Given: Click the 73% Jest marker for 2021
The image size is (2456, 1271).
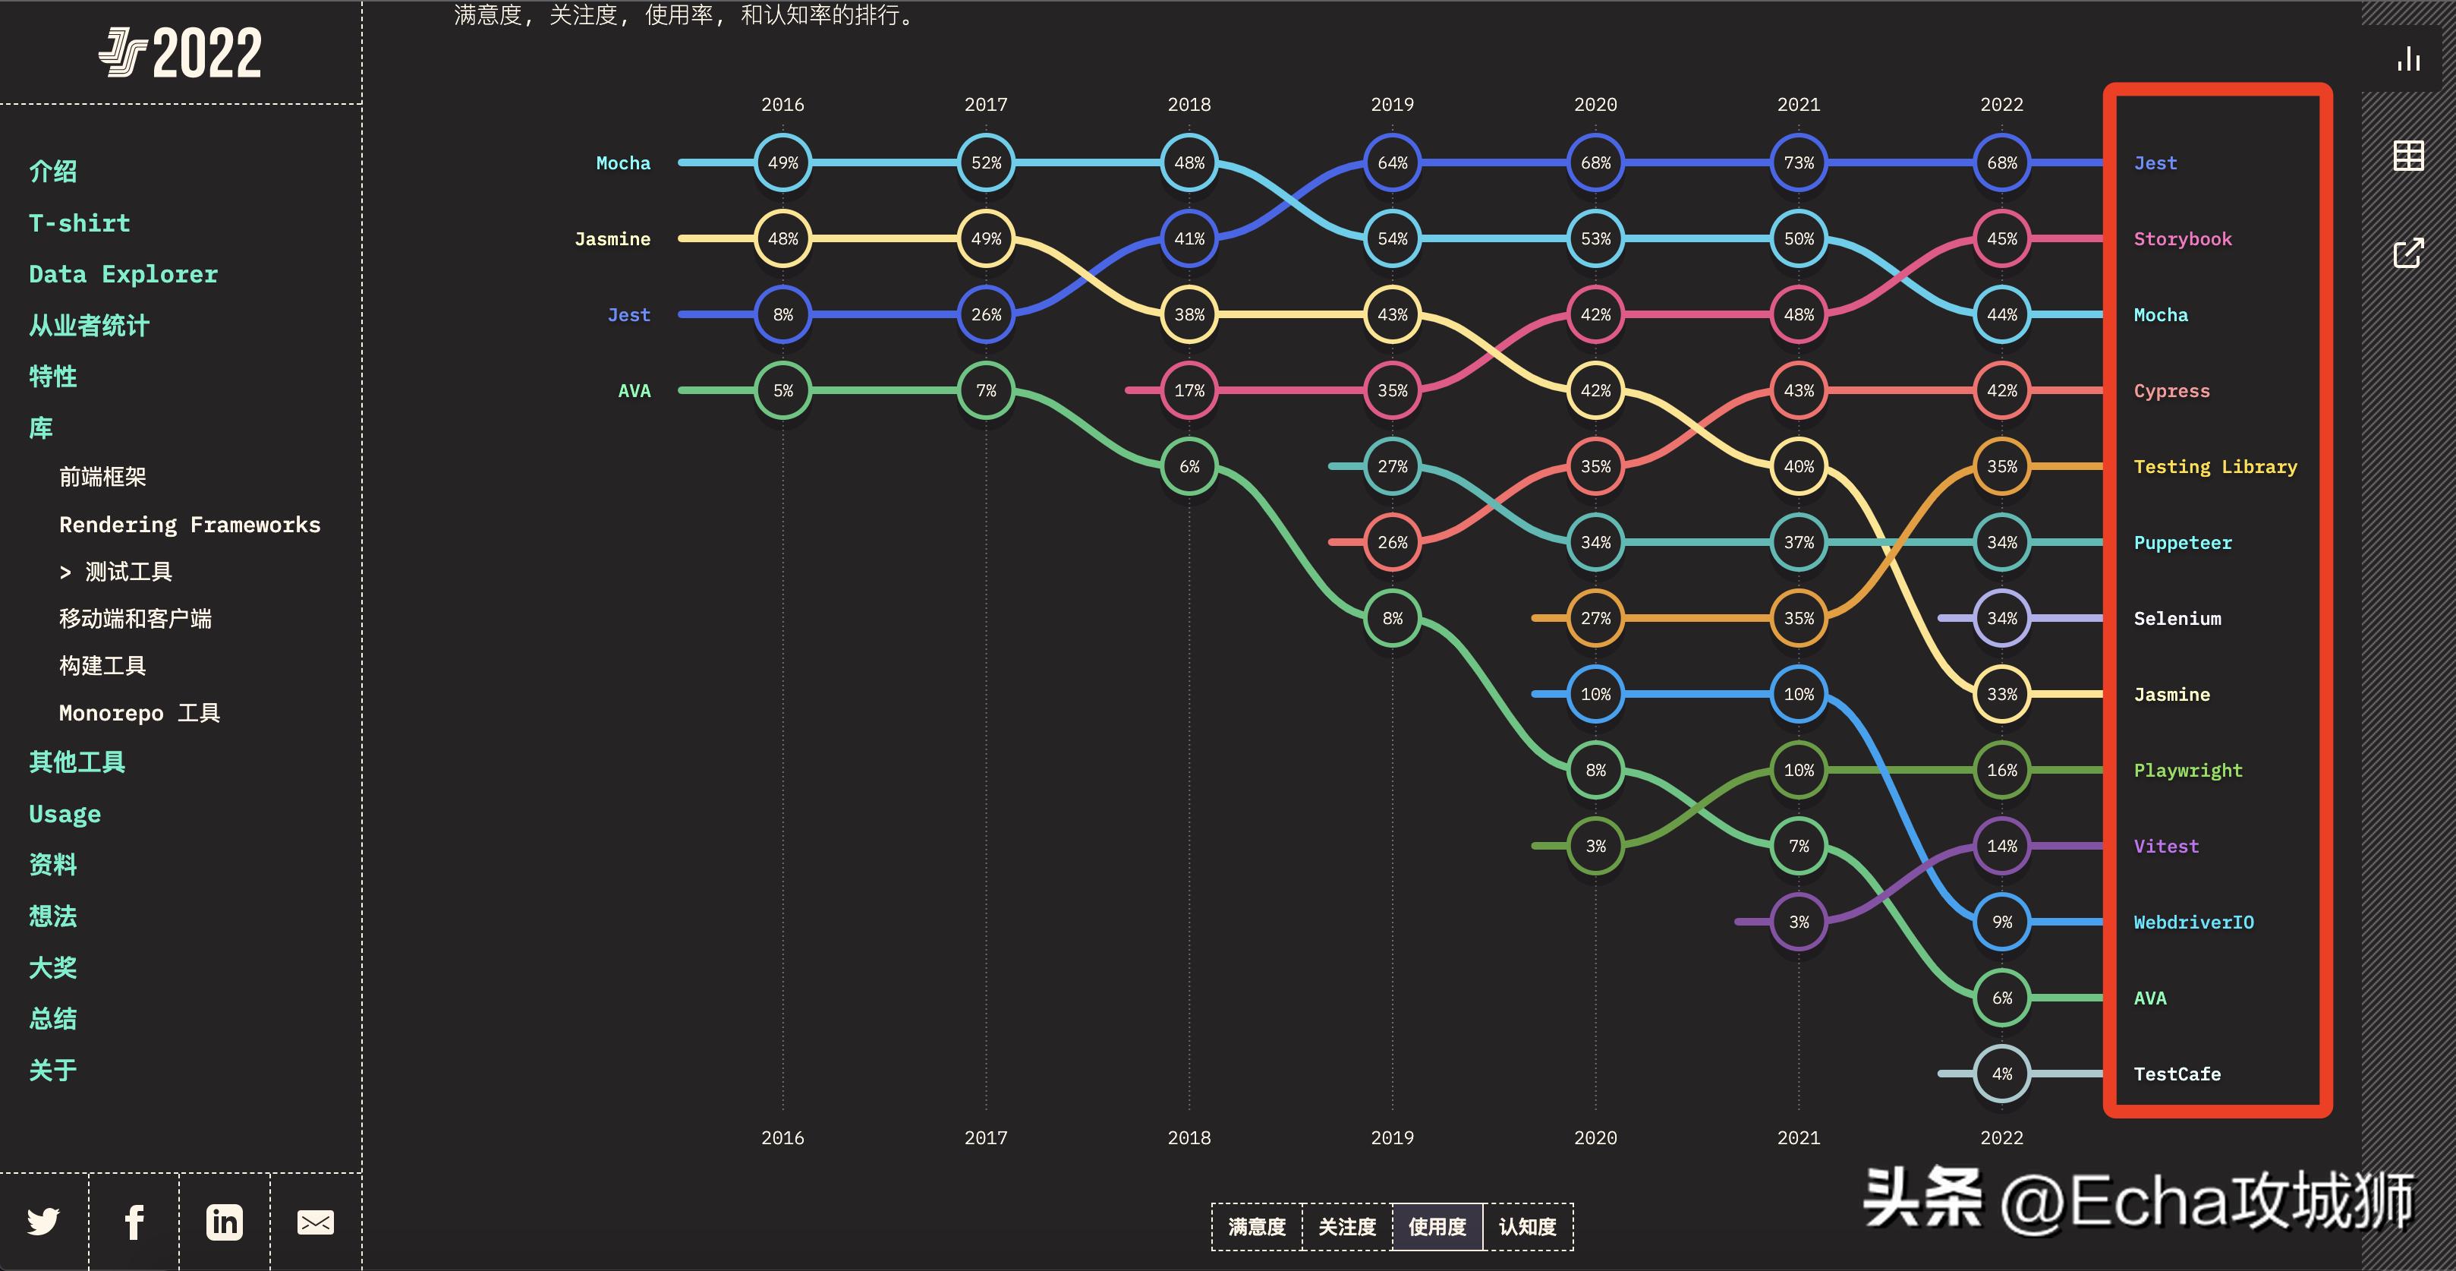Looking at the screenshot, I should [1798, 163].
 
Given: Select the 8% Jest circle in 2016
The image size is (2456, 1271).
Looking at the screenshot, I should [782, 314].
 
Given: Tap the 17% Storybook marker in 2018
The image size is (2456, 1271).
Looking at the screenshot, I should [1189, 390].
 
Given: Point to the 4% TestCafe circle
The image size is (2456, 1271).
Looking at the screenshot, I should [2001, 1074].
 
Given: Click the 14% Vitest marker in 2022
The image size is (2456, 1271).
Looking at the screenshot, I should [2001, 846].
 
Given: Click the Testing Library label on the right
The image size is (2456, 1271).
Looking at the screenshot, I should [2215, 466].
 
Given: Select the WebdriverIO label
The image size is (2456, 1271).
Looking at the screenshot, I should [2193, 922].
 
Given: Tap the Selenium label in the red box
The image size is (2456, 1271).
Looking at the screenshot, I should [2177, 619].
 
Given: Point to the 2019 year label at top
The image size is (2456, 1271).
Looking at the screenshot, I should [1392, 105].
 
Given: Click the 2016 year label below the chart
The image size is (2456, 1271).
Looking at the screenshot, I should [782, 1137].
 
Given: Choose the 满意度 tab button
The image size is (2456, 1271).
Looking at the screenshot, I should [1257, 1227].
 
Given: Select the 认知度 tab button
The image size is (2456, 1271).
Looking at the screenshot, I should [1527, 1227].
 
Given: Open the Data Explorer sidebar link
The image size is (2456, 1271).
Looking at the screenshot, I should [123, 275].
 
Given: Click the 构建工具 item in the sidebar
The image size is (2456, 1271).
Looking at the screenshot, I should [102, 666].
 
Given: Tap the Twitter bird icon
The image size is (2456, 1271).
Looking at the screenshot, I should [43, 1222].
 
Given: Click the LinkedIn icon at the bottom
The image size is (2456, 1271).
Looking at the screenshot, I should [224, 1222].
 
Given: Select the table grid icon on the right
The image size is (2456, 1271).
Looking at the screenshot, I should [2408, 156].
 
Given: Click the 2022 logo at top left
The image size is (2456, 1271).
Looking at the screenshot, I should [181, 52].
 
